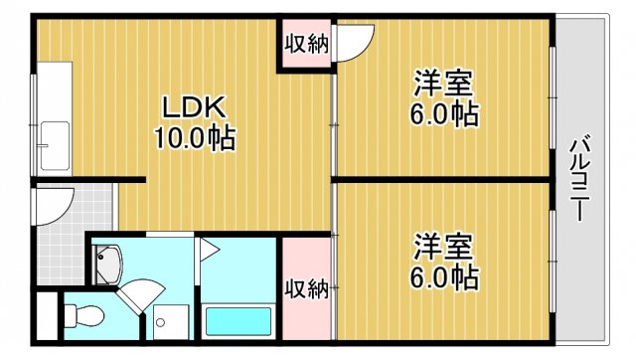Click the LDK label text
click(x=195, y=106)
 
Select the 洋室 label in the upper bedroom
click(x=444, y=83)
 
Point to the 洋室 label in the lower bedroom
click(x=444, y=244)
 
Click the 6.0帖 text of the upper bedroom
click(x=444, y=113)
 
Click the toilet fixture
click(x=83, y=317)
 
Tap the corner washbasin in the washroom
click(x=107, y=263)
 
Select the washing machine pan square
click(x=165, y=322)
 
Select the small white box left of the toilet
click(x=45, y=317)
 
